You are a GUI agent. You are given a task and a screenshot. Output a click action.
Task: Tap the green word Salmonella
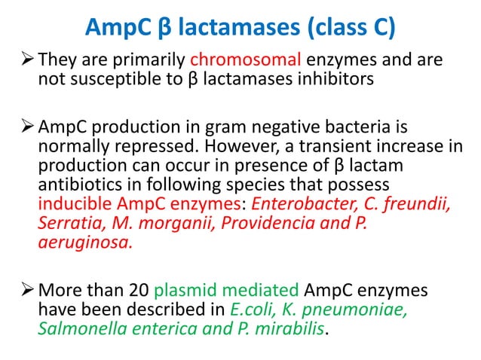[x=78, y=328]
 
